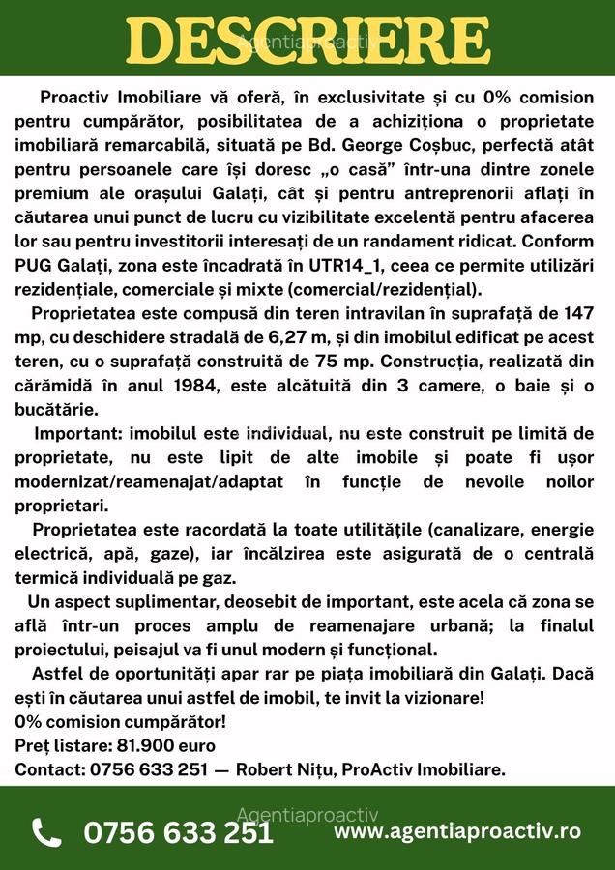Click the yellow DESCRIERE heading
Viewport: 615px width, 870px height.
tap(307, 41)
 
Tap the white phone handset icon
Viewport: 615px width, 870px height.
tap(45, 832)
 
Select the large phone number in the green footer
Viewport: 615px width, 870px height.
tap(179, 832)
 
